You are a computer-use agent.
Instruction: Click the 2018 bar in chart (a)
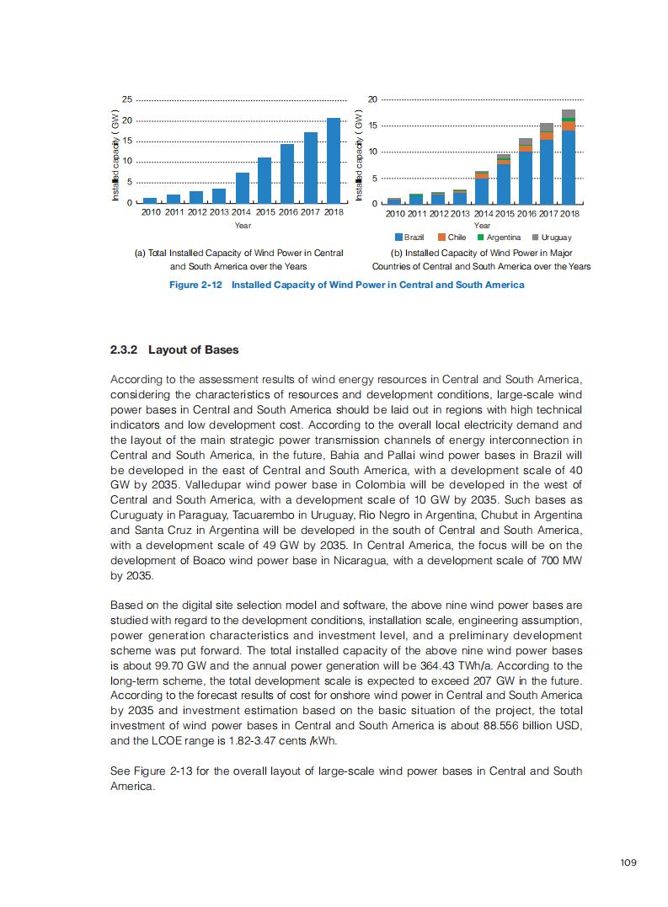tap(334, 161)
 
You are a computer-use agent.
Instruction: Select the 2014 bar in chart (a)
tap(242, 188)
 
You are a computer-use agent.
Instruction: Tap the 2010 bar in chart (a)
tap(150, 200)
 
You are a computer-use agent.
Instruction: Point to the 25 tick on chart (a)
tap(126, 100)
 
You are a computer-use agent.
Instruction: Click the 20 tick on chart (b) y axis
tap(372, 100)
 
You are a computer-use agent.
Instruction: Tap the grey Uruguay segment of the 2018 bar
tap(569, 114)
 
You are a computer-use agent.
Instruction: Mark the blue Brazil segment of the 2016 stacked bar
tap(526, 177)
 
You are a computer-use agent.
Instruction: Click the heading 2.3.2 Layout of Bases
tap(174, 349)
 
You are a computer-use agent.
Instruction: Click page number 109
tap(628, 862)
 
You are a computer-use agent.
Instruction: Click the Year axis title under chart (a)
tap(243, 226)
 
